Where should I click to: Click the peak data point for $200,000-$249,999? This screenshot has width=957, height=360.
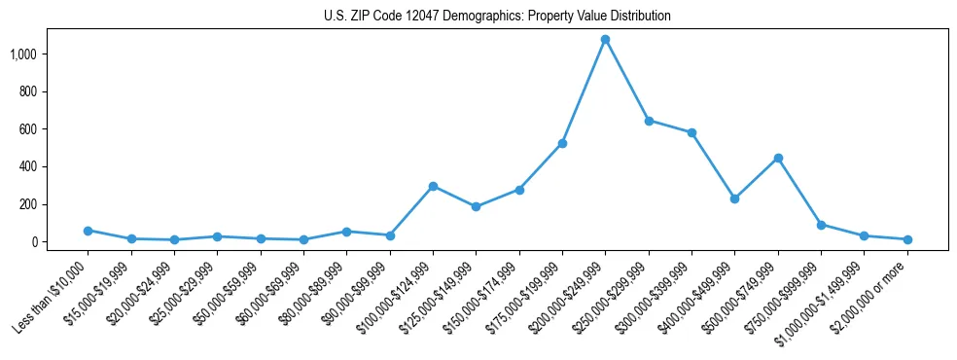coord(605,40)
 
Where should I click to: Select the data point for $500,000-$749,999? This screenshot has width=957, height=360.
coord(777,158)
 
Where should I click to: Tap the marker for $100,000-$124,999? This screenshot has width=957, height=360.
coord(433,186)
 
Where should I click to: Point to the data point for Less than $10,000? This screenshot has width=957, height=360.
coord(88,231)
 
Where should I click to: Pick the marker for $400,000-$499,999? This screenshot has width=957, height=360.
coord(734,198)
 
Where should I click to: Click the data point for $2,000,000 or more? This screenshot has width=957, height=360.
coord(906,239)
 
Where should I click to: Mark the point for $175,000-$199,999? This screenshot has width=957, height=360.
coord(562,143)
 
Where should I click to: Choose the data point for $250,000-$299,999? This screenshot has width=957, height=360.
coord(649,121)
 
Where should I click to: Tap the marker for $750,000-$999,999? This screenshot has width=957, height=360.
coord(821,225)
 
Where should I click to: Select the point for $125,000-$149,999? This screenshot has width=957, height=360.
coord(476,206)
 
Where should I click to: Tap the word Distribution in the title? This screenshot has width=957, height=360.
coord(638,17)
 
